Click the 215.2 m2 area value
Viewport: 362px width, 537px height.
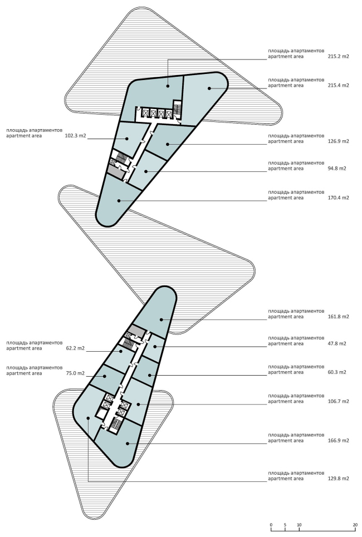(338, 57)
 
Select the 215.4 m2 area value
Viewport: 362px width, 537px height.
(338, 85)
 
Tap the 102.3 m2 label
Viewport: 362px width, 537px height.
(75, 136)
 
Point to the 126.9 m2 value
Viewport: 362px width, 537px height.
(338, 141)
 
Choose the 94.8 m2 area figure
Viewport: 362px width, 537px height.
(336, 169)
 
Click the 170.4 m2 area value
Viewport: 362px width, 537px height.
(338, 198)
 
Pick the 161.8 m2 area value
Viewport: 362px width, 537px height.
(338, 317)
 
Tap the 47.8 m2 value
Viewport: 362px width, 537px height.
(336, 343)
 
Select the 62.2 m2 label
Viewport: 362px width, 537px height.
(75, 348)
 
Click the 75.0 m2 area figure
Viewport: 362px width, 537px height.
(75, 373)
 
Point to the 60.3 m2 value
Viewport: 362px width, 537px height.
(336, 372)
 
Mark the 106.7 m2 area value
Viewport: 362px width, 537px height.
(338, 401)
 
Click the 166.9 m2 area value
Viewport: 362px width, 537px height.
(338, 440)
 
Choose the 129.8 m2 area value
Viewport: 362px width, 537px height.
(338, 479)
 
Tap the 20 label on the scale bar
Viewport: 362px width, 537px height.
(355, 525)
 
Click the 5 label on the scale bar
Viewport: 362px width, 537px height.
(285, 525)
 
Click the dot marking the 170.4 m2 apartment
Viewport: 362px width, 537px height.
(119, 201)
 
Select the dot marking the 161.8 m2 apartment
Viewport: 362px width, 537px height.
(160, 320)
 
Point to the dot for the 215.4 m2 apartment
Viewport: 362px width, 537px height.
(209, 88)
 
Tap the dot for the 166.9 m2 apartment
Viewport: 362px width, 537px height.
(128, 444)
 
